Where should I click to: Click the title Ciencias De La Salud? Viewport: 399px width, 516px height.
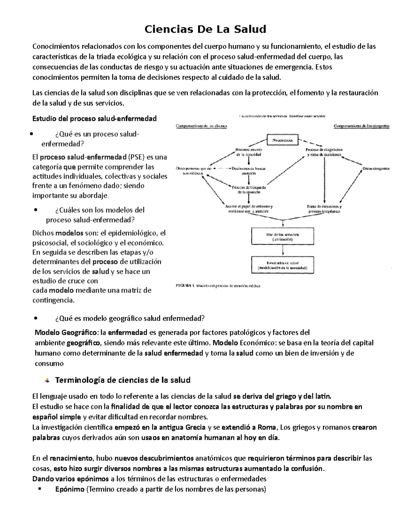point(205,29)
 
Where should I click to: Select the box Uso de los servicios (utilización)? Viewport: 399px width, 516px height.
point(282,237)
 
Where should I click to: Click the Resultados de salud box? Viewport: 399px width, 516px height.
point(282,265)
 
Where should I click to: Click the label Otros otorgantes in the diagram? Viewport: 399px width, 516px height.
point(375,169)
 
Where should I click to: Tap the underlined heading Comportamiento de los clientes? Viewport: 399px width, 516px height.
point(201,126)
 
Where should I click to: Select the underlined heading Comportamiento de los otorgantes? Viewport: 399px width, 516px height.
point(361,126)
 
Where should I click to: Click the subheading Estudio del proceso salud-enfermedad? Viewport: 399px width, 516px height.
point(94,119)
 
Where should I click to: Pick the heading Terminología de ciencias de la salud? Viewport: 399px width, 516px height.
point(123,380)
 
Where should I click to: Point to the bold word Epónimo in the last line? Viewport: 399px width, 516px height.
point(70,489)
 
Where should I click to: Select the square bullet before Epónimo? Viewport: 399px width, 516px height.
point(39,489)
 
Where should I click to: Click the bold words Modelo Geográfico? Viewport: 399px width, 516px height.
point(66,332)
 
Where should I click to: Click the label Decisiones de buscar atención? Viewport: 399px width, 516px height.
point(249,171)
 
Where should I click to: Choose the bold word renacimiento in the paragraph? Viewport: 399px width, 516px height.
point(71,458)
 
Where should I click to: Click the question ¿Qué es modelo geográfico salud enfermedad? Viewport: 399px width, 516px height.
point(130,318)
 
